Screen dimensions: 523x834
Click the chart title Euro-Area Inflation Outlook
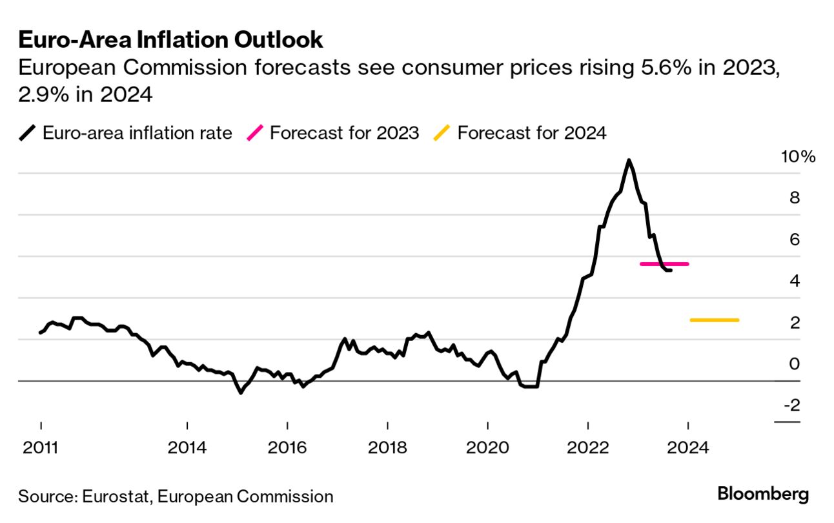tap(170, 40)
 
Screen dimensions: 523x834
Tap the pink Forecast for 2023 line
tap(664, 264)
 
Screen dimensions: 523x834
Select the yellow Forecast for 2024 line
tap(715, 320)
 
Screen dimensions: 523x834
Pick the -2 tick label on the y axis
tap(792, 405)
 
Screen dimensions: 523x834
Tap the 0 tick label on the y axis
tap(795, 364)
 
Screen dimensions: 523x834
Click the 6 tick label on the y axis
tap(795, 239)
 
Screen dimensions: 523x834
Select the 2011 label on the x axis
tap(40, 446)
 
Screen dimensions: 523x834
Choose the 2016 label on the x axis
tap(287, 446)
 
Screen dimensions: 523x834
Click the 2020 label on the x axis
tap(487, 446)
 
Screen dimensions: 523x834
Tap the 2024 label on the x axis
tap(688, 446)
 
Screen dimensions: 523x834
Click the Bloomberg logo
tap(763, 495)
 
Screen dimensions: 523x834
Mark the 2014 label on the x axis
tap(187, 446)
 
